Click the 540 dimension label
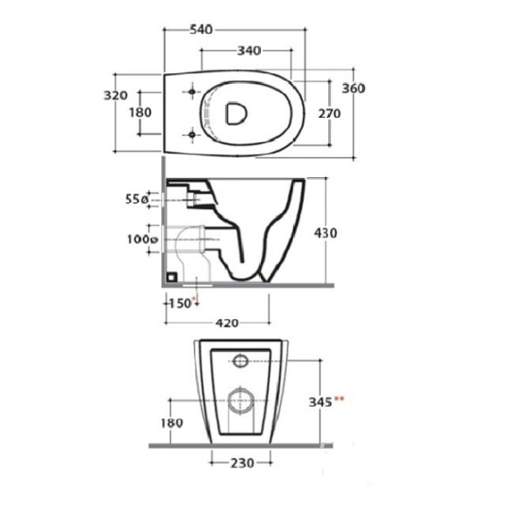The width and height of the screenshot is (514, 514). click(x=202, y=30)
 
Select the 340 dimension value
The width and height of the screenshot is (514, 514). click(x=249, y=51)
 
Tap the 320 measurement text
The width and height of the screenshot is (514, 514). click(x=115, y=95)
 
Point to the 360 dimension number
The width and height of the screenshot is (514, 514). click(x=353, y=88)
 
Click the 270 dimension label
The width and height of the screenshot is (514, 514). click(x=330, y=113)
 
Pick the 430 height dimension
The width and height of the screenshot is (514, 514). click(x=326, y=233)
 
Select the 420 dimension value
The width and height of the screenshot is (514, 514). click(x=227, y=323)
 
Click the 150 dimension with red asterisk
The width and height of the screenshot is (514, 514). click(x=182, y=303)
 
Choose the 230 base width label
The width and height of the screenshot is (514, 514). click(x=243, y=463)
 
